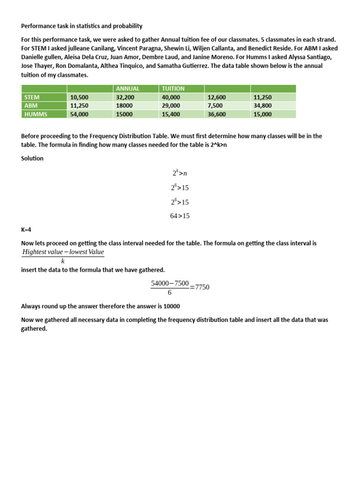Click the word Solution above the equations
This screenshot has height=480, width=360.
click(x=32, y=158)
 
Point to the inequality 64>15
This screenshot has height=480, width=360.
click(x=180, y=216)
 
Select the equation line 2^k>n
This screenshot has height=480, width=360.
click(x=180, y=173)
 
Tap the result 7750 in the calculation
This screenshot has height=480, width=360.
click(x=202, y=287)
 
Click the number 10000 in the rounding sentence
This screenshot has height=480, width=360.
click(x=170, y=306)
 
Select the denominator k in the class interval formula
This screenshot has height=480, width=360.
click(x=63, y=261)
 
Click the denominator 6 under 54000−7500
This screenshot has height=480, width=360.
click(x=170, y=292)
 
